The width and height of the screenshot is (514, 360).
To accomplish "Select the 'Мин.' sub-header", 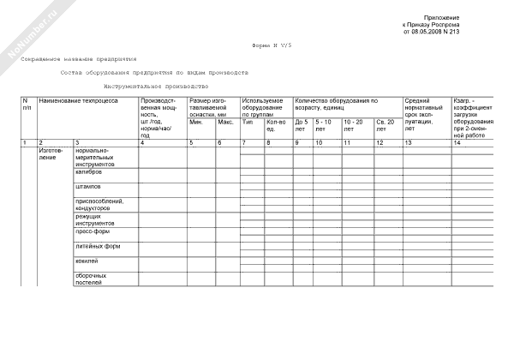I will coord(195,122).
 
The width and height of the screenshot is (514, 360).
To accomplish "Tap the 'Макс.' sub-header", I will coord(225,122).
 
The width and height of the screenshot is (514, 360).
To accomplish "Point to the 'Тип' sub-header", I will coord(247,122).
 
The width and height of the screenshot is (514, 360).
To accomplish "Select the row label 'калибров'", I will coord(88,171).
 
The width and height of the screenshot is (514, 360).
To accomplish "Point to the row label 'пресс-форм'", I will coord(91,231).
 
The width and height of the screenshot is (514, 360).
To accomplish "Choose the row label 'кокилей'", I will coord(87,260).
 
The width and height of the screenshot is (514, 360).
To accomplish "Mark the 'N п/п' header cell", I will coord(27,105).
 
